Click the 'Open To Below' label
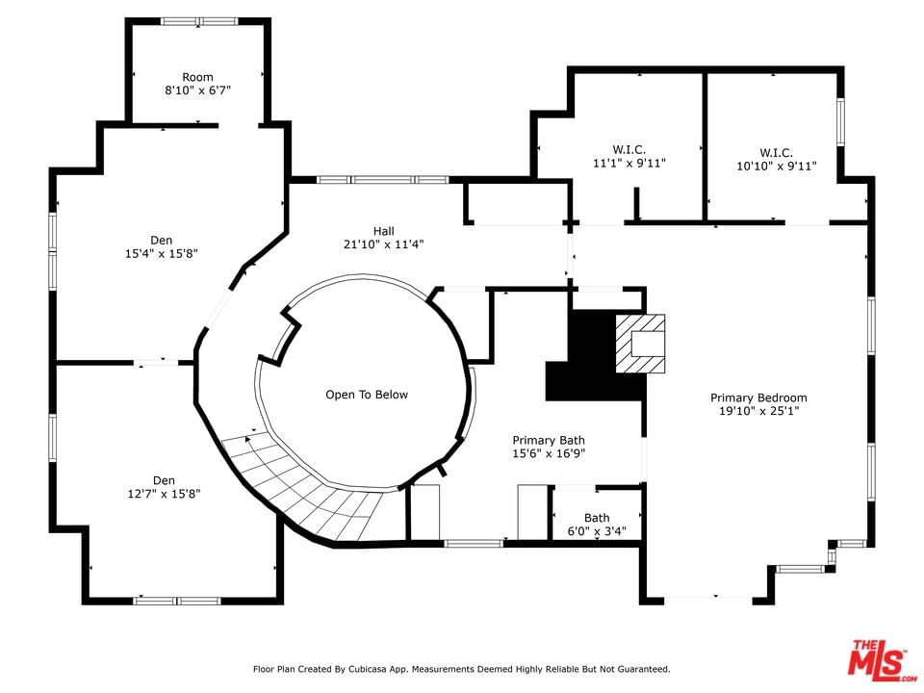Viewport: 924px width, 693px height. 367,395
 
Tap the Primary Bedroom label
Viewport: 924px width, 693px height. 758,398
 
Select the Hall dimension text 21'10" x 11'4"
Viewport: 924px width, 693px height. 384,244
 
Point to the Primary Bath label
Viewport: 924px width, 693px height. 549,440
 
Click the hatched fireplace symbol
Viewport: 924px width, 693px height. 641,344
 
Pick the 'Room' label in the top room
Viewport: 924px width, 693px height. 197,77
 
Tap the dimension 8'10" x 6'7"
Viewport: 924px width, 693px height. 197,90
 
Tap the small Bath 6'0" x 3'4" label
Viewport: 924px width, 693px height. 597,525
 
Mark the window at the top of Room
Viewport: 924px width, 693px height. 200,21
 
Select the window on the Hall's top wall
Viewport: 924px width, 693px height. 383,180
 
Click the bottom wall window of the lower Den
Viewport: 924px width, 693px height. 177,601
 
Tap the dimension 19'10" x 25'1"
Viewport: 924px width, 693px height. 758,411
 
